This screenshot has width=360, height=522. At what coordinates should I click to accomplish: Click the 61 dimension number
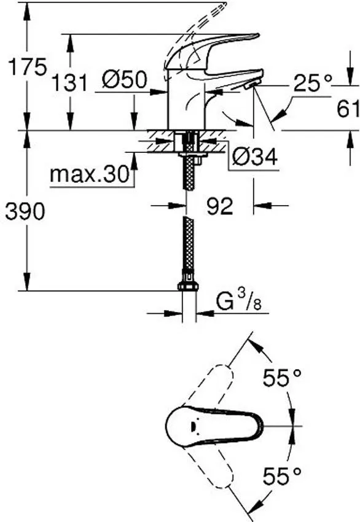[348, 109]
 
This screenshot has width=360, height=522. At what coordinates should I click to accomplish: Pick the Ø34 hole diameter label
[255, 159]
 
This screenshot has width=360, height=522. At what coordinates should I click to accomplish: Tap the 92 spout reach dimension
[219, 207]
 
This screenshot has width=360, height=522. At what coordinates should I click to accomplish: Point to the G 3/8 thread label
[233, 302]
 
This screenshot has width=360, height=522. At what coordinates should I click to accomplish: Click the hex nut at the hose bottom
[187, 287]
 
